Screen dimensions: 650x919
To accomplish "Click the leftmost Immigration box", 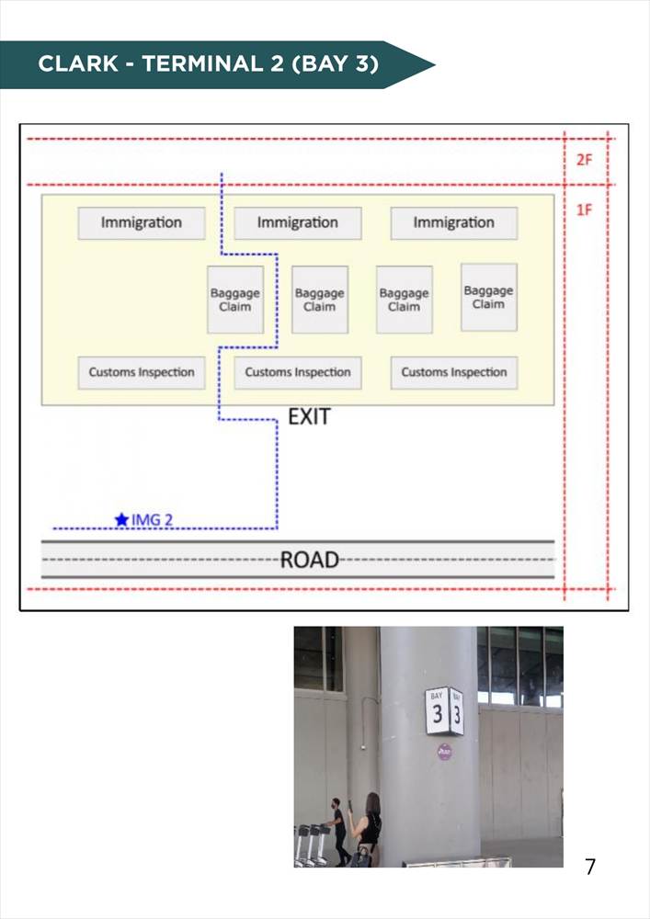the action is pos(142,222).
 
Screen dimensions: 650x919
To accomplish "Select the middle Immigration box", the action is pos(298,222).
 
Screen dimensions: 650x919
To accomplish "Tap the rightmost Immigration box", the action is pos(454,222).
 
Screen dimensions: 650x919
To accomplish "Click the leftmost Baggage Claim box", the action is pos(235,300).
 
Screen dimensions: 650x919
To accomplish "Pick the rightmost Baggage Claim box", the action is pos(489,297).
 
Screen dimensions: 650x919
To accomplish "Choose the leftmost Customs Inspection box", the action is pos(142,373).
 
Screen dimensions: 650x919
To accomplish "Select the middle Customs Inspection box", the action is pos(298,373).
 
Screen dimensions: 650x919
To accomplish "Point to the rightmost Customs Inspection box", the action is pos(454,373).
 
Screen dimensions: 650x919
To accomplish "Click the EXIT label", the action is pos(309,416).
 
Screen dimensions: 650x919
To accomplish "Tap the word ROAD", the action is pos(310,560).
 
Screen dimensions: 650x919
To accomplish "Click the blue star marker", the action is pos(121,519).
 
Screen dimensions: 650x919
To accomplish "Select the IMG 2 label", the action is pos(152,520).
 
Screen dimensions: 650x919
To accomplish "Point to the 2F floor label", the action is pos(585,159).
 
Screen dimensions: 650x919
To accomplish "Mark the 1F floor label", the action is pos(585,210).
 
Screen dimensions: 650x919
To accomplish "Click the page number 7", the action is pos(590,867).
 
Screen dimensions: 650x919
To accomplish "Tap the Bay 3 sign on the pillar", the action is pos(444,711).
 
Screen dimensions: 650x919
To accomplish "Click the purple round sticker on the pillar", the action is pos(444,752).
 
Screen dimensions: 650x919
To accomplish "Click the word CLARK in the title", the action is pos(78,64).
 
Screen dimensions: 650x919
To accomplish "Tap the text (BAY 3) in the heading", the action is pos(335,64).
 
